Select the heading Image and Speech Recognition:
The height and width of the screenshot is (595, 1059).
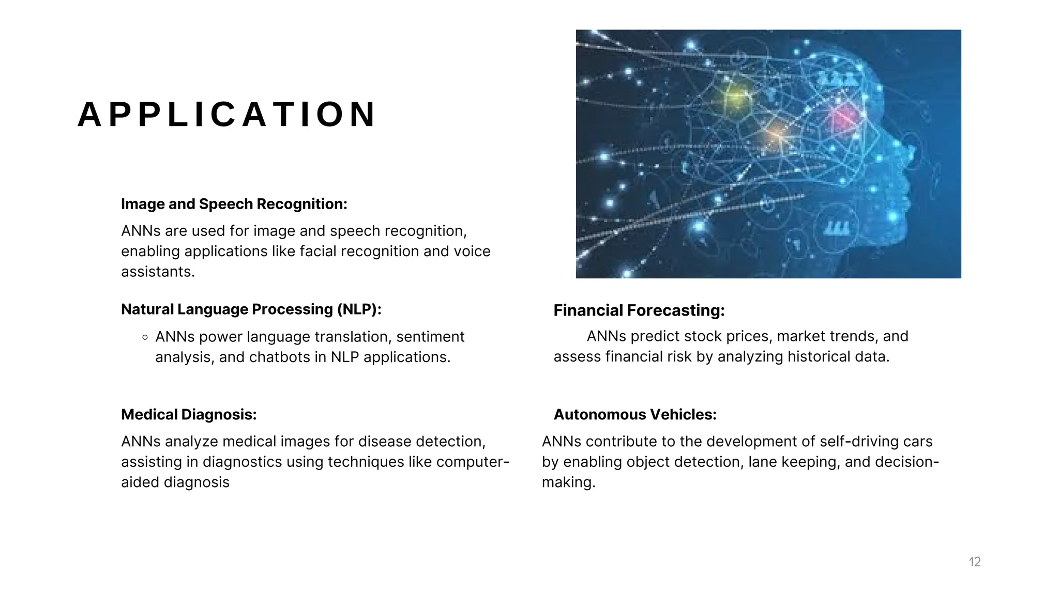tap(234, 204)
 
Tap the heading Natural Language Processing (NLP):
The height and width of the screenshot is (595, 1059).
tap(251, 309)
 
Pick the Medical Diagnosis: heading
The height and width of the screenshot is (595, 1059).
tap(189, 415)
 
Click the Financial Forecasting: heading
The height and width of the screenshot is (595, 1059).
tap(639, 310)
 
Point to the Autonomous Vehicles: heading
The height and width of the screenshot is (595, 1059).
tap(635, 415)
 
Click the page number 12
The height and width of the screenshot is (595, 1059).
tap(975, 562)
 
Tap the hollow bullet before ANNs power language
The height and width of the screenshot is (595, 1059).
tap(145, 337)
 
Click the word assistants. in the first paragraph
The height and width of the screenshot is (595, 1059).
tap(158, 272)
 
